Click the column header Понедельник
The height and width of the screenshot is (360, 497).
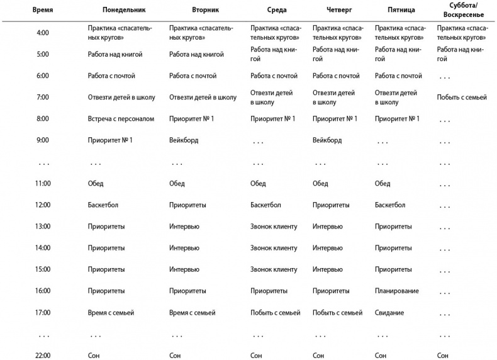pyautogui.click(x=123, y=11)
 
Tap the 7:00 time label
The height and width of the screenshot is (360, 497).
pyautogui.click(x=43, y=98)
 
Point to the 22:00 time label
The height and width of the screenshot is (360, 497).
pyautogui.click(x=43, y=356)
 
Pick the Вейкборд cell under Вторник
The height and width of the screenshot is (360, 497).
pyautogui.click(x=184, y=140)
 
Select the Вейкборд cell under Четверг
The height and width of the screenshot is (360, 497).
pyautogui.click(x=327, y=140)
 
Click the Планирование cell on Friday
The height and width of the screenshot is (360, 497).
pyautogui.click(x=396, y=291)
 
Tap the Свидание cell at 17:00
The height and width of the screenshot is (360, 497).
pyautogui.click(x=389, y=313)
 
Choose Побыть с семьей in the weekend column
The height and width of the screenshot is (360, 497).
pyautogui.click(x=462, y=98)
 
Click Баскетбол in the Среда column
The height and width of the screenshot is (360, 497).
pyautogui.click(x=265, y=205)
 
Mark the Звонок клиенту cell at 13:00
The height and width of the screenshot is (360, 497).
pyautogui.click(x=274, y=227)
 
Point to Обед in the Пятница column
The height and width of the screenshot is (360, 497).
pyautogui.click(x=383, y=184)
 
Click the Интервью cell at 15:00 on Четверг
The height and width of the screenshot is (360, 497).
pyautogui.click(x=327, y=269)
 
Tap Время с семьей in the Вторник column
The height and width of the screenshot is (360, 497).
pyautogui.click(x=193, y=313)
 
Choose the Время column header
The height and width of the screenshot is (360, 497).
pyautogui.click(x=42, y=11)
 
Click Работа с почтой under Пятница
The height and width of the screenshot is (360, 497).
pyautogui.click(x=398, y=76)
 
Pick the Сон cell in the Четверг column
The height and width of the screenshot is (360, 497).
pyautogui.click(x=318, y=356)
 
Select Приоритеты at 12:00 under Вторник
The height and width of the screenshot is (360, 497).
pyautogui.click(x=188, y=205)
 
